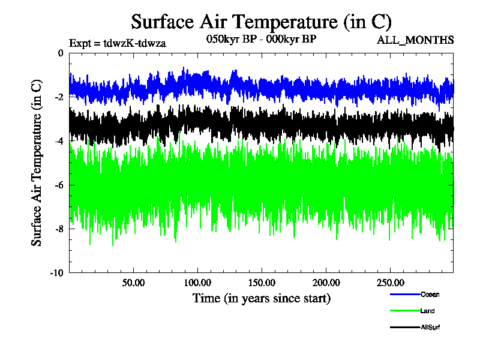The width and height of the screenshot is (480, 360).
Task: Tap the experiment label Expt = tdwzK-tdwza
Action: click(x=118, y=43)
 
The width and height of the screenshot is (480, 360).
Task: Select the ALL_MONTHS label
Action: click(x=415, y=40)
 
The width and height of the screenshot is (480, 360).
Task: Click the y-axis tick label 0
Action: click(x=60, y=53)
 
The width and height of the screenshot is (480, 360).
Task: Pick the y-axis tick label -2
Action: click(x=58, y=97)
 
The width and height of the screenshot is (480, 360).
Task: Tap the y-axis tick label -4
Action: click(x=58, y=141)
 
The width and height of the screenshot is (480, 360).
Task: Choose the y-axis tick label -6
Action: click(x=58, y=185)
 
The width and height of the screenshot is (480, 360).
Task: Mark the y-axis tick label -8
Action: click(x=58, y=229)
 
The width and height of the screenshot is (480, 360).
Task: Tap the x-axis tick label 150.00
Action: click(x=262, y=282)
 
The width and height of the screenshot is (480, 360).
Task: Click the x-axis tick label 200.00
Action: click(x=325, y=282)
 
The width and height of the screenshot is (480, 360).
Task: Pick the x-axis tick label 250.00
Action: click(x=389, y=282)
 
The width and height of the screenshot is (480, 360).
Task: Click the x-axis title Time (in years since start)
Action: click(x=261, y=298)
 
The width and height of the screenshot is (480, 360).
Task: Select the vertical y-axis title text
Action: click(x=37, y=163)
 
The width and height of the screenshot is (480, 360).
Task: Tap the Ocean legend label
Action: click(x=430, y=294)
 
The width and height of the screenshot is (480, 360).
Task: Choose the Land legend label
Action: click(x=428, y=311)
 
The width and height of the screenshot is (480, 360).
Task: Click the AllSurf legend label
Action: click(x=430, y=327)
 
